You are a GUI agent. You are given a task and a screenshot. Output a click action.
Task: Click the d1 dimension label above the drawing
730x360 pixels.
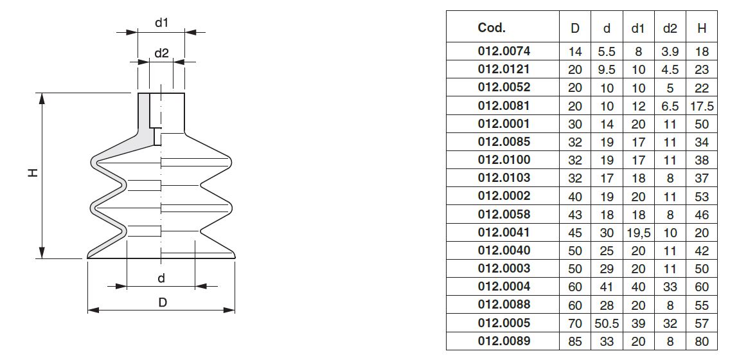161,22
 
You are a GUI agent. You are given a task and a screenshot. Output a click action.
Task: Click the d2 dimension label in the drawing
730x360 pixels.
161,53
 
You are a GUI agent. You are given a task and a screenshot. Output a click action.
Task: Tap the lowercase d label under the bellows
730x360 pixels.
161,278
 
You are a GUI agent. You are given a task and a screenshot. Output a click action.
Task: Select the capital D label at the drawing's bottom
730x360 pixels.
163,302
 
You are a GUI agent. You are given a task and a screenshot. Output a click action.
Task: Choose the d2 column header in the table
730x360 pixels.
670,28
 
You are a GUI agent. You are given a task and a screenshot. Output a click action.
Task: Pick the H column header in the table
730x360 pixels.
702,28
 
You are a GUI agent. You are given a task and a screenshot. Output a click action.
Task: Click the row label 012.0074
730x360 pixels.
504,51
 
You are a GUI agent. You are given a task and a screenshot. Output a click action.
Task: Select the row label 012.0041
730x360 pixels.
504,232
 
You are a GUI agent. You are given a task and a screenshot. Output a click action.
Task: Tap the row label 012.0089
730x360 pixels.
504,341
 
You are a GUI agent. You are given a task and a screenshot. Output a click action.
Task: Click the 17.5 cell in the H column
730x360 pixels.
702,106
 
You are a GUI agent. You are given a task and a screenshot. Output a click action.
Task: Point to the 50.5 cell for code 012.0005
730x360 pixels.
607,323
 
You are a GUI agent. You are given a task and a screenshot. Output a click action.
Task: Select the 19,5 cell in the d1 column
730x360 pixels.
638,233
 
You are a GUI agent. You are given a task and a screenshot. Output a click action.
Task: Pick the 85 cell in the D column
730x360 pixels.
575,341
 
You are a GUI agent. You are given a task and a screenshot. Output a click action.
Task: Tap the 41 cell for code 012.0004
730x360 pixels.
607,287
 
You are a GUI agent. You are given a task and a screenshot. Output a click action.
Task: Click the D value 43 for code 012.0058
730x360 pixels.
575,215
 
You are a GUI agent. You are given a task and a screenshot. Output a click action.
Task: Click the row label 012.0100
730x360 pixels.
504,160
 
